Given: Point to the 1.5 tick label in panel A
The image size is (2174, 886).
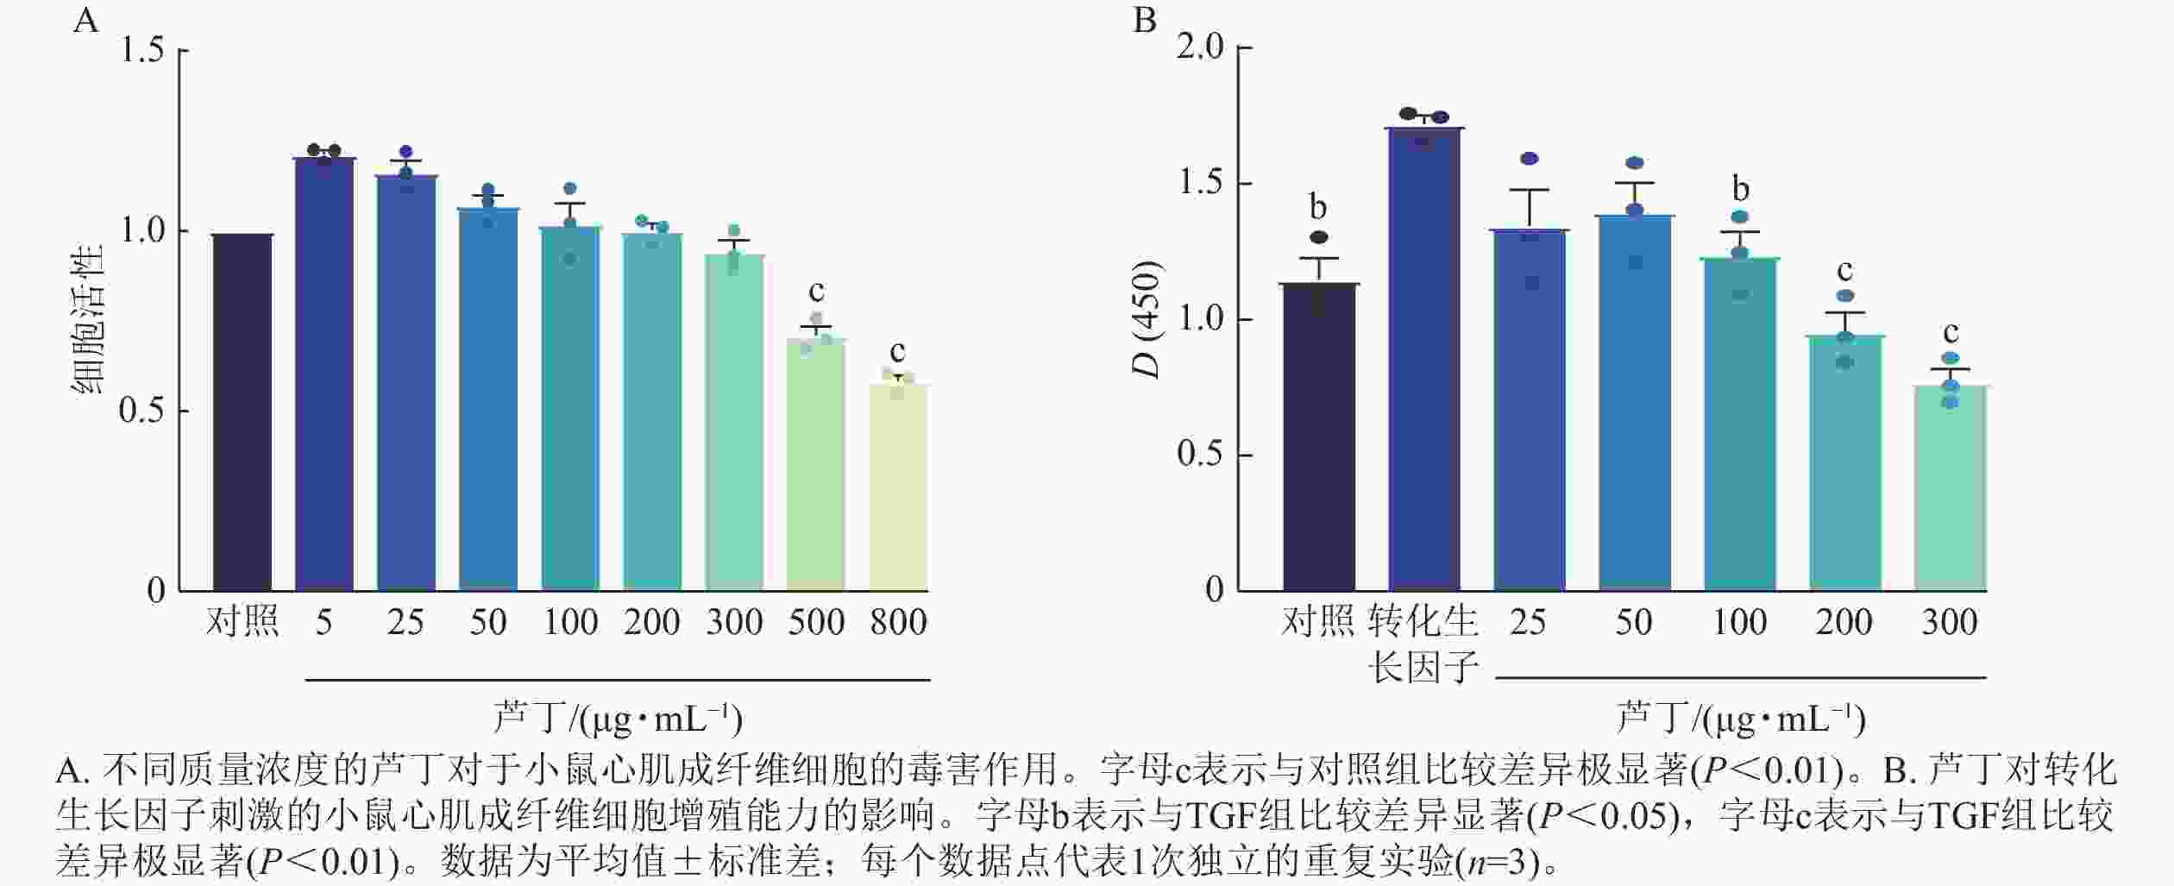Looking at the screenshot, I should click(x=142, y=51).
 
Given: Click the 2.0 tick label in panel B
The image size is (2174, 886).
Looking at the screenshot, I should click(x=1200, y=47).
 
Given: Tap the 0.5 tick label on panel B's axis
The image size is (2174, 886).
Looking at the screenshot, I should click(x=1200, y=455).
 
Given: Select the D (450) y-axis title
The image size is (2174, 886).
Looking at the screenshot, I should click(x=1147, y=319).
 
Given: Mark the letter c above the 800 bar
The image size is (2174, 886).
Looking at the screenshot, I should click(x=898, y=352).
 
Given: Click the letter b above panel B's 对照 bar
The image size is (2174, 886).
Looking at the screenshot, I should click(x=1318, y=207).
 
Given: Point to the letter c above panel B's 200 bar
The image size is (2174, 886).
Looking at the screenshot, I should click(x=1844, y=271).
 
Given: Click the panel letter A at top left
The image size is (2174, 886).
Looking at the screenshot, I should click(x=85, y=20).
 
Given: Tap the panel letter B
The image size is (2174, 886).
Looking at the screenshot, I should click(x=1144, y=20).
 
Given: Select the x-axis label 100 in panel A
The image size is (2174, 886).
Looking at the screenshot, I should click(x=570, y=622).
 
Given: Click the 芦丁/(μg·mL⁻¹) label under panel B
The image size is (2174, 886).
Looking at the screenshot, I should click(x=1740, y=718).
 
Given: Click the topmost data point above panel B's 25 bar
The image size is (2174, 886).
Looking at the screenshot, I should click(x=1530, y=159).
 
